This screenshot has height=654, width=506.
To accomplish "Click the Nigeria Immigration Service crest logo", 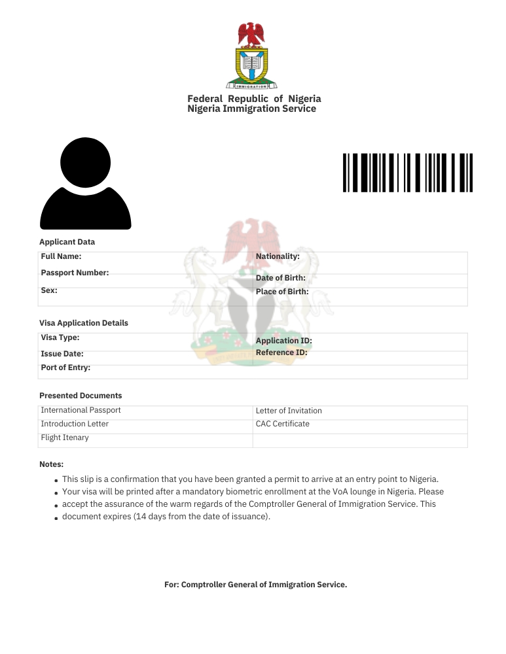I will (x=251, y=56).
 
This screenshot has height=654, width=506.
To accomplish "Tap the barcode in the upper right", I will (x=407, y=173).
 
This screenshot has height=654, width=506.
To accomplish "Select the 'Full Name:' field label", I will (x=61, y=257).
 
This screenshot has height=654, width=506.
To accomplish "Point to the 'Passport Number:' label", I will (x=75, y=273).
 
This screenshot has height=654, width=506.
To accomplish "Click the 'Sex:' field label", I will (x=49, y=290).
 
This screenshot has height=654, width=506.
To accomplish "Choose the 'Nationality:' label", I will (x=278, y=257).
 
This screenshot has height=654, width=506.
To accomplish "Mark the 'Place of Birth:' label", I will (x=282, y=292).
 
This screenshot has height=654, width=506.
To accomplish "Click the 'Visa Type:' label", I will (x=60, y=338).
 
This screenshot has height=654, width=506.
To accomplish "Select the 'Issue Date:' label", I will (x=62, y=354).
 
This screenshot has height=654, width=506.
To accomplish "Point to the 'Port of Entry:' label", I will (x=65, y=368).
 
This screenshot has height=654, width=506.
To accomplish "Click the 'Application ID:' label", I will (x=283, y=341).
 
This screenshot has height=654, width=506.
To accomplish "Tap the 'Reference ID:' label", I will (x=281, y=353).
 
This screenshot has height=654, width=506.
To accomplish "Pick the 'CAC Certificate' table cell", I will (x=283, y=424).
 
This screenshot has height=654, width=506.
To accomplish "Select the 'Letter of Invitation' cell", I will (x=289, y=411).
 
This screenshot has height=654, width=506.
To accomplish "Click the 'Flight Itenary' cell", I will (x=65, y=438).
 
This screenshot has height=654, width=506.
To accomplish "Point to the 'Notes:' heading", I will (x=51, y=464).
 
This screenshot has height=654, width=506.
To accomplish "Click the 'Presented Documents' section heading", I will (x=81, y=396).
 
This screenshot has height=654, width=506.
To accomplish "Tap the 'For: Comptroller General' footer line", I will (x=255, y=585).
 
